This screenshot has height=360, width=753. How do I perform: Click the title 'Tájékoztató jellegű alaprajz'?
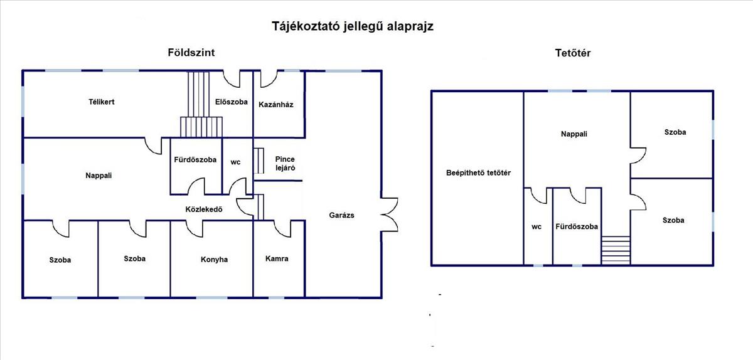coord(353,26)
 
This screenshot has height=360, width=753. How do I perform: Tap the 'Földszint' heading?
coord(191,53)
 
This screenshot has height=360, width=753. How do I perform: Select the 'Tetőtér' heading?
coord(572,53)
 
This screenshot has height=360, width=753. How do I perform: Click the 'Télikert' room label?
coord(101,102)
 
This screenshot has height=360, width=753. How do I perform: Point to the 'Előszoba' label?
coord(231,102)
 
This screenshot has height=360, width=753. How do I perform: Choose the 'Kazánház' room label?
coord(276,104)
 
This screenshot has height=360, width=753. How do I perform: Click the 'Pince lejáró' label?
coord(285,164)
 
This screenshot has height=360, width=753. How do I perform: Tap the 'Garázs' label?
coord(342,215)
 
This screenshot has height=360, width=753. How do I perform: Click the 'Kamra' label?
coord(277,258)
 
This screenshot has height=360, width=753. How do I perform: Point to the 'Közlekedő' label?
coord(205,209)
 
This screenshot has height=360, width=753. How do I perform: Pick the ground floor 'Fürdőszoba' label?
coord(195,160)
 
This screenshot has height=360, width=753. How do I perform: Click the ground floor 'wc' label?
coord(235,162)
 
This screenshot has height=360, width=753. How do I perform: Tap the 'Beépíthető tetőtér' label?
coord(478,172)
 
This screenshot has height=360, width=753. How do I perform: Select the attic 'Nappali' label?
coord(575,134)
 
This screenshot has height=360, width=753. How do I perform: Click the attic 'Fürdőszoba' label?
coord(577,226)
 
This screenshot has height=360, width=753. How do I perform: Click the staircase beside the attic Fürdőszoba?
coord(615,250)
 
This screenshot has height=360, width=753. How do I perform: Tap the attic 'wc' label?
coord(537,227)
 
